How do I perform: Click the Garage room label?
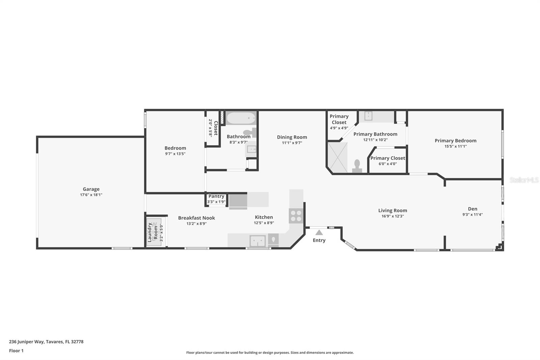click(x=91, y=189)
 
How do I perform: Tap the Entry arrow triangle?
click(x=319, y=233)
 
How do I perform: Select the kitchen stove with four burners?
click(x=296, y=216)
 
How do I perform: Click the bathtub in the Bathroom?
click(x=241, y=118)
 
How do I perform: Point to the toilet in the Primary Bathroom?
click(x=357, y=166)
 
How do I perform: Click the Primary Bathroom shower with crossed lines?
click(x=338, y=157)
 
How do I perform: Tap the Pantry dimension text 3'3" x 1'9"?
click(x=216, y=202)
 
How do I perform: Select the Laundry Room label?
click(x=152, y=232)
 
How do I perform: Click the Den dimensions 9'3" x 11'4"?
click(x=473, y=214)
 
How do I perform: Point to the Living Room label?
click(x=393, y=210)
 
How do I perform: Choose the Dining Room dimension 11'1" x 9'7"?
click(x=292, y=143)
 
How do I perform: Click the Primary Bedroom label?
click(x=455, y=141)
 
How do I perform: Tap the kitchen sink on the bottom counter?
click(x=258, y=241)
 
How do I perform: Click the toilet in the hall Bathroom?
click(x=250, y=132)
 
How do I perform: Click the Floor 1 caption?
click(x=17, y=351)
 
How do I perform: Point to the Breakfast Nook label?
click(x=196, y=218)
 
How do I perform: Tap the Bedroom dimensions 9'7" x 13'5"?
click(x=175, y=154)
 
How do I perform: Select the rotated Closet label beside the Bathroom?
click(x=216, y=128)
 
